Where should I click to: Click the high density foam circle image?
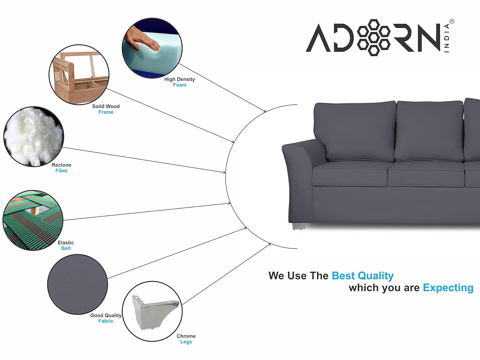pyautogui.click(x=152, y=48)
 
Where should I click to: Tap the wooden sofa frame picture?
pyautogui.click(x=79, y=75)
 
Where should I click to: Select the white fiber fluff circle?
pyautogui.click(x=34, y=137)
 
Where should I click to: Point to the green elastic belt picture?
pyautogui.click(x=33, y=220)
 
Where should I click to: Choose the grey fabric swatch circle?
pyautogui.click(x=77, y=284)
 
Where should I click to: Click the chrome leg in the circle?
pyautogui.click(x=155, y=313)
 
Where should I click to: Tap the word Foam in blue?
pyautogui.click(x=180, y=85)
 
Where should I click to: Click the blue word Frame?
pyautogui.click(x=106, y=112)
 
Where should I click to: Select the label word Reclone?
pyautogui.click(x=61, y=165)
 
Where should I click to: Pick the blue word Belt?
pyautogui.click(x=66, y=248)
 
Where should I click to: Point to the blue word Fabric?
pyautogui.click(x=106, y=321)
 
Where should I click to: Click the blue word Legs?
pyautogui.click(x=186, y=342)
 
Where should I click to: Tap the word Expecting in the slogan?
pyautogui.click(x=448, y=288)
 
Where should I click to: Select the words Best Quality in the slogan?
pyautogui.click(x=363, y=276)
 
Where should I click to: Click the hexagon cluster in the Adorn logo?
pyautogui.click(x=374, y=37)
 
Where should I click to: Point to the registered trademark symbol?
pyautogui.click(x=452, y=21)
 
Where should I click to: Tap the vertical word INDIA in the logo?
pyautogui.click(x=447, y=38)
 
